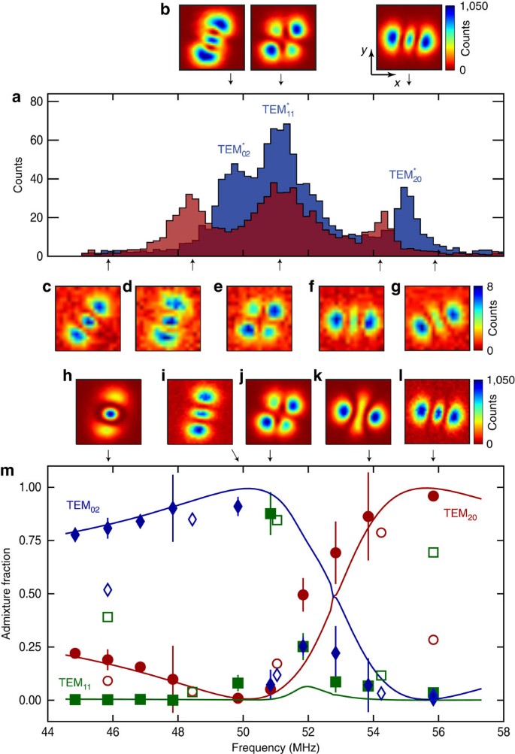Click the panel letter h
[x=67, y=376]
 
